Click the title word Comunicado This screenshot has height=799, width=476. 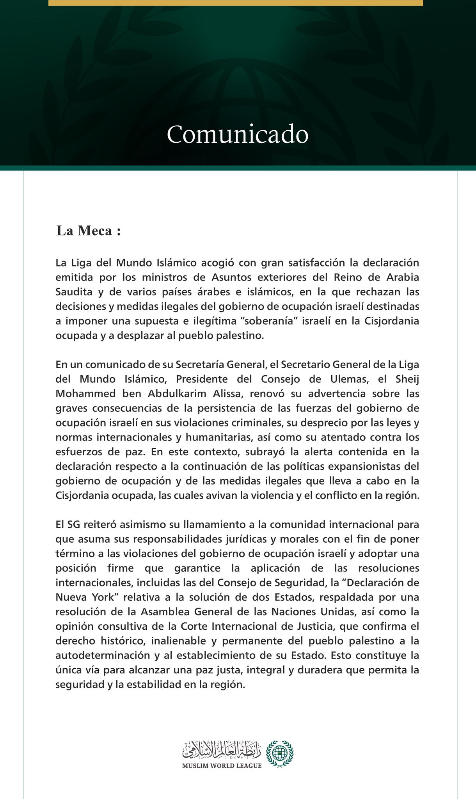tap(238, 135)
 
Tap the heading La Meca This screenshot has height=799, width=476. tap(89, 231)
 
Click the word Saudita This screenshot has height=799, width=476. tap(74, 292)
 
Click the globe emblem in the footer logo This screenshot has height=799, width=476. tap(279, 753)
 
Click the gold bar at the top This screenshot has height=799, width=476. tap(236, 3)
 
